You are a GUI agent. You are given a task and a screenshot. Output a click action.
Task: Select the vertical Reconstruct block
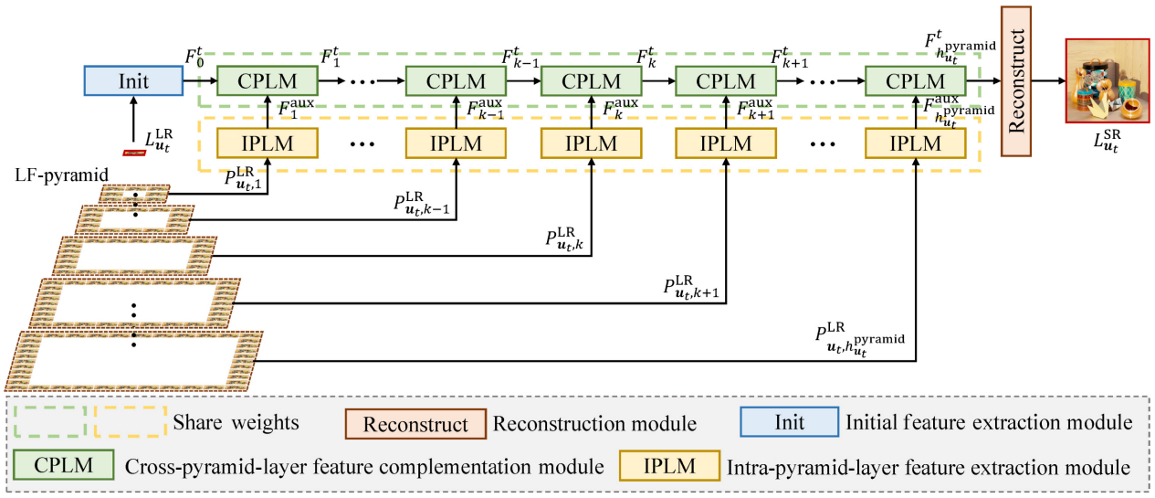tap(1018, 81)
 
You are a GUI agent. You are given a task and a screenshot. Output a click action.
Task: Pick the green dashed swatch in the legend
tap(50, 423)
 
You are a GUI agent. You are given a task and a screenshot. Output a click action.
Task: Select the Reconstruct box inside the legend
tap(415, 424)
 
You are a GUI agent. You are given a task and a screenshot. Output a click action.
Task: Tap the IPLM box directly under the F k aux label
tap(591, 143)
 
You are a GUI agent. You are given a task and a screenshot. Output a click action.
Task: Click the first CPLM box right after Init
tap(267, 80)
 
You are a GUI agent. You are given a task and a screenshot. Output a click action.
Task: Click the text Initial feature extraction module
tap(990, 424)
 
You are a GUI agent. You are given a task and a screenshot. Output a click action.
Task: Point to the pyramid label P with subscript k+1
tap(691, 285)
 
